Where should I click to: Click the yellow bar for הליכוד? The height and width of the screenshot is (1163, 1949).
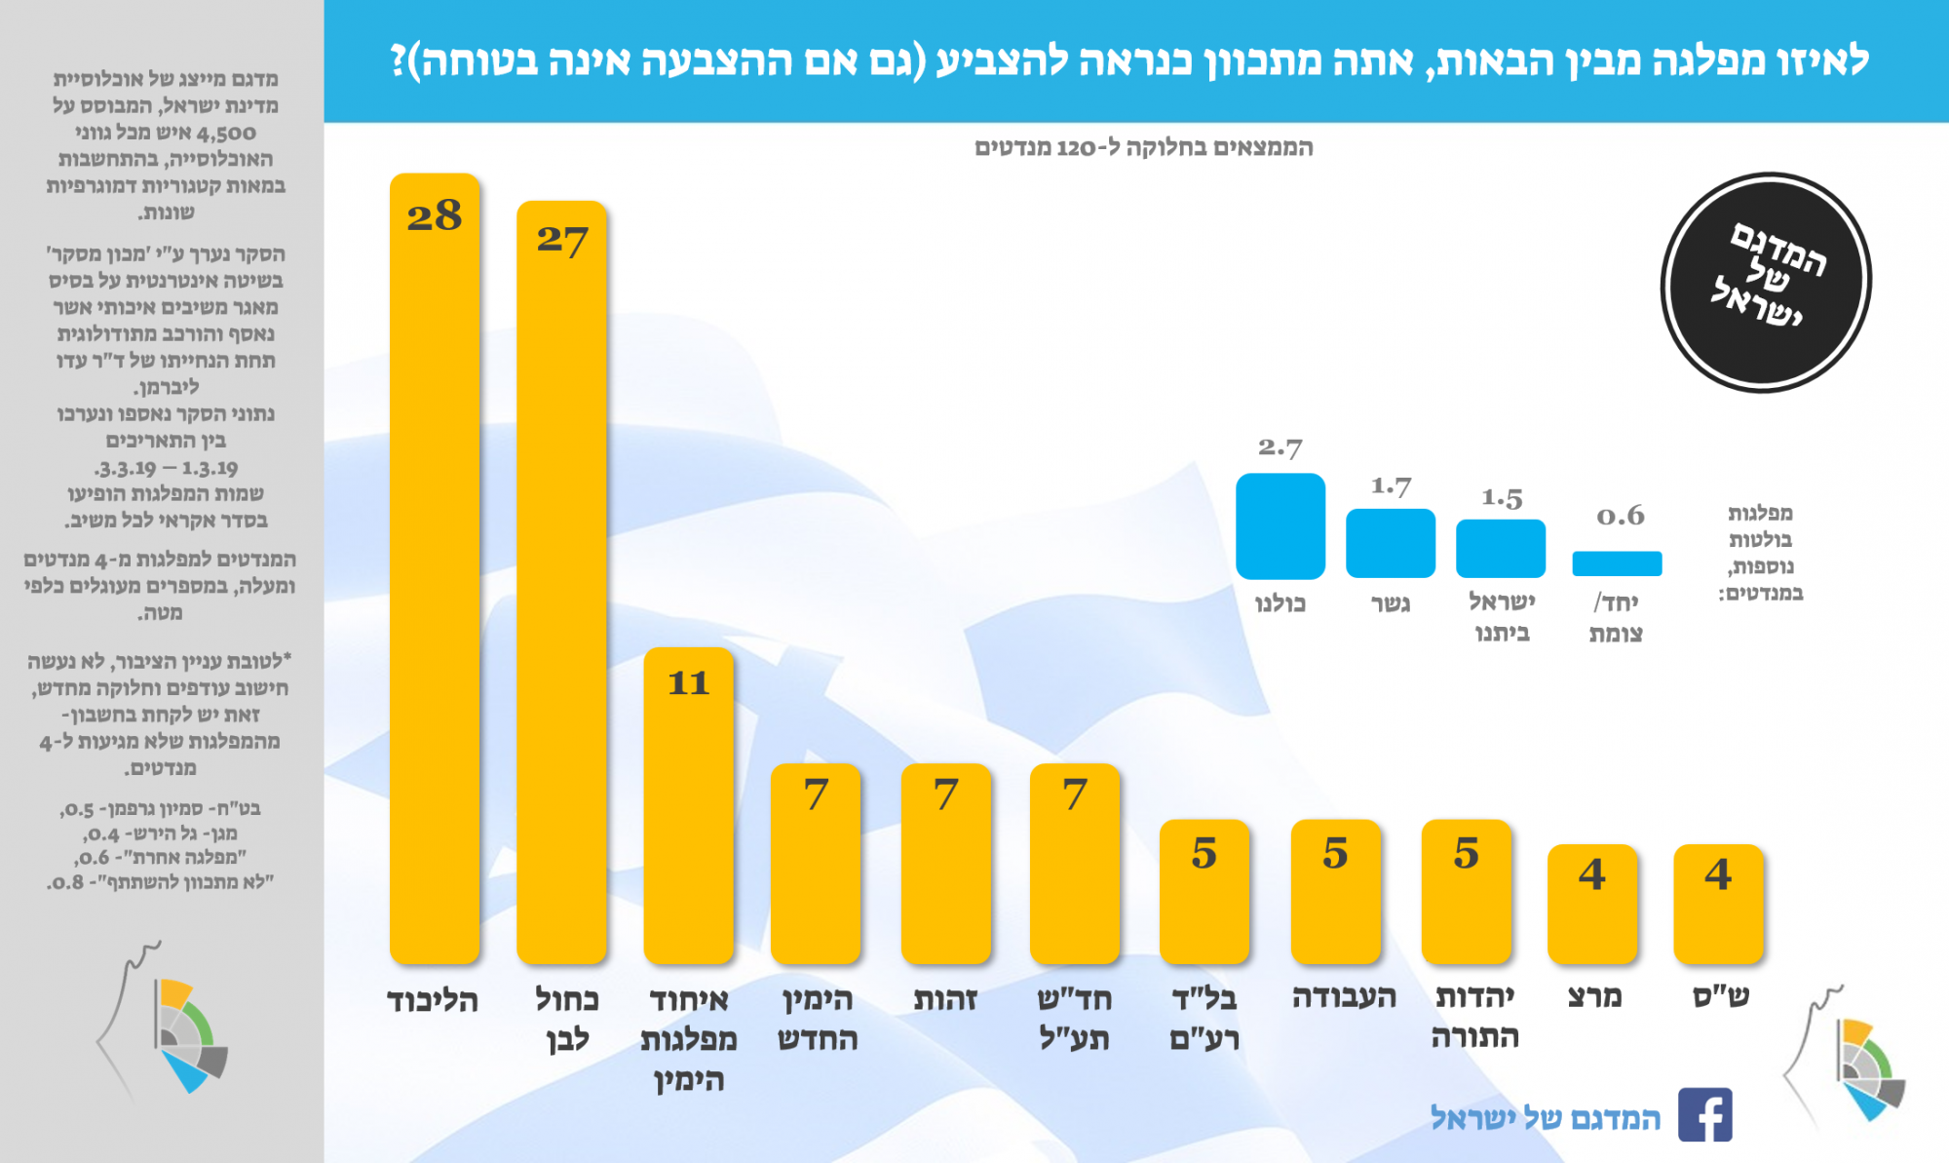click(x=435, y=585)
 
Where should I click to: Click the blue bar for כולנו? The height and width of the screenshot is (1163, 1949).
click(x=1280, y=526)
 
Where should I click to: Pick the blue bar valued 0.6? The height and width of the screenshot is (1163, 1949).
click(x=1617, y=563)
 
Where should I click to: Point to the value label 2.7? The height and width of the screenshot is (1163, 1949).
click(x=1280, y=447)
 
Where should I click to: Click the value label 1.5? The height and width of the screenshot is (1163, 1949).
click(x=1501, y=498)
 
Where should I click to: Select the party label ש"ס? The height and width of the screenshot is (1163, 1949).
click(x=1720, y=996)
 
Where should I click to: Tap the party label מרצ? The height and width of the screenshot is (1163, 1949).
click(x=1594, y=996)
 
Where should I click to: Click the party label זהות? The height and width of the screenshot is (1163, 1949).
click(x=945, y=999)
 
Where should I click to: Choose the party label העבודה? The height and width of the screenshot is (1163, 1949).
click(x=1344, y=996)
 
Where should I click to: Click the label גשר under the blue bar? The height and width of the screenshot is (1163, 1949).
click(x=1391, y=603)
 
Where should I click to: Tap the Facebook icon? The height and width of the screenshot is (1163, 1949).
click(x=1704, y=1114)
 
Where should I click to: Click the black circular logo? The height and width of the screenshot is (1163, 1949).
click(x=1766, y=283)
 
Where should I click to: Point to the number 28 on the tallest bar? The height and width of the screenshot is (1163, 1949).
click(x=435, y=215)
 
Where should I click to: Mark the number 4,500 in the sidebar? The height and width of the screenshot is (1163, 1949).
click(x=226, y=133)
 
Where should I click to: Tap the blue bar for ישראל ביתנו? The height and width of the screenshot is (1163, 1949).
click(x=1501, y=548)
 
